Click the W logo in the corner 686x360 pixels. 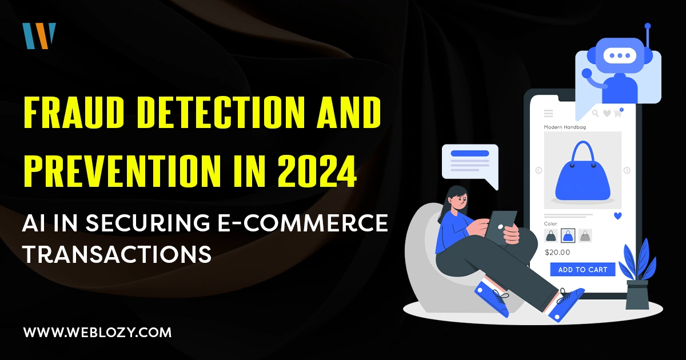tap(39, 36)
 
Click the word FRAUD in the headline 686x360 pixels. tap(74, 112)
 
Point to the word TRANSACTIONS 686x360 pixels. tap(117, 254)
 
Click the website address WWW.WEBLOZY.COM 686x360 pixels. tap(97, 333)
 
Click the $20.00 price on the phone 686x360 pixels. tap(557, 252)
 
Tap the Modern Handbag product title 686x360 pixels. tap(565, 127)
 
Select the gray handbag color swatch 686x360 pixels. tap(585, 235)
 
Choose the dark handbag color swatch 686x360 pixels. tap(551, 235)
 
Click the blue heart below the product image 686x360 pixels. tap(618, 216)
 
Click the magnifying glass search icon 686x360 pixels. tap(595, 113)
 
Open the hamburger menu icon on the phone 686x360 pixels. tap(548, 113)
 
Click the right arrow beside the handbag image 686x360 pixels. tap(627, 170)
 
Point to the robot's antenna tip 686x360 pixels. tap(647, 26)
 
